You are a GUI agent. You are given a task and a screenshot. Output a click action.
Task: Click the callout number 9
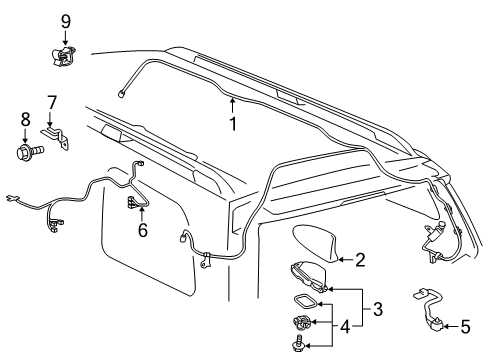click(65, 20)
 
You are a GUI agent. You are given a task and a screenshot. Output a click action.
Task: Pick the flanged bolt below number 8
click(21, 155)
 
